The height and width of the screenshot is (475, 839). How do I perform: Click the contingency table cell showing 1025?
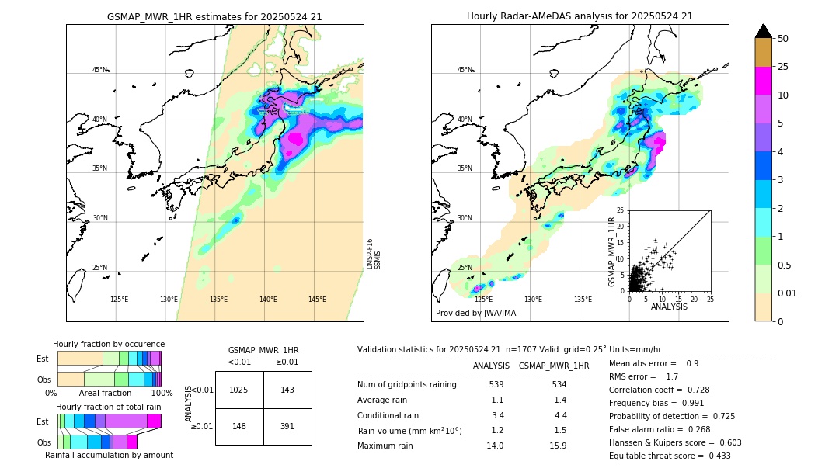tap(238, 390)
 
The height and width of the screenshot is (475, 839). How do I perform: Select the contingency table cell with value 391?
tap(287, 426)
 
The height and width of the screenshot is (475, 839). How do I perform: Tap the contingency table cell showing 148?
tap(238, 426)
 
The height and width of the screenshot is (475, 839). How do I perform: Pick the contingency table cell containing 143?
tap(287, 390)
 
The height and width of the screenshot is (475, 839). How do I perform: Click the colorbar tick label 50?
tap(783, 39)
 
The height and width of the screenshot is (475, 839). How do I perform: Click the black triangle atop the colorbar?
tap(763, 31)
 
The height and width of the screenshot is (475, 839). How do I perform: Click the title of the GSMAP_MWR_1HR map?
tap(214, 16)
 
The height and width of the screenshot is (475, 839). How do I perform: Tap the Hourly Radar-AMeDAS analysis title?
tap(580, 16)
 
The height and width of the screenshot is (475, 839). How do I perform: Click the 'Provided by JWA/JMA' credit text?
tap(475, 313)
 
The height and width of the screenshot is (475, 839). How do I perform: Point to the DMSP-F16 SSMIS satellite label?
tap(373, 254)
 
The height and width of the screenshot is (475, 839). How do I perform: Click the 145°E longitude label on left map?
tap(317, 300)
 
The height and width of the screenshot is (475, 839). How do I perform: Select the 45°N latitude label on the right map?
tap(465, 70)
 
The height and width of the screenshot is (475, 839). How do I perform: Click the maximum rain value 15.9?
tap(558, 446)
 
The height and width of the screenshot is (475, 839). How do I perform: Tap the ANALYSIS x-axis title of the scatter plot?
tap(669, 307)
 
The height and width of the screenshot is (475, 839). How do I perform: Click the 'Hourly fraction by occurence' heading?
tap(109, 344)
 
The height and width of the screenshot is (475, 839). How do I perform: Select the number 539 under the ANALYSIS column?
tap(496, 384)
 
